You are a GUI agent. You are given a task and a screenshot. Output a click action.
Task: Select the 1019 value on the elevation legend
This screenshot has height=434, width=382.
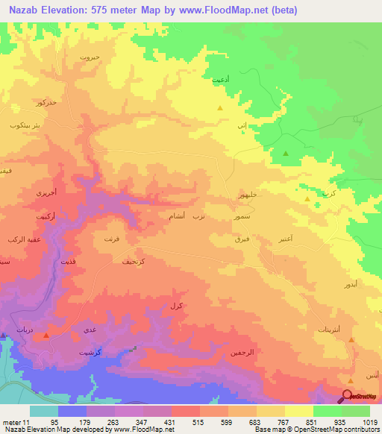[x=370, y=421]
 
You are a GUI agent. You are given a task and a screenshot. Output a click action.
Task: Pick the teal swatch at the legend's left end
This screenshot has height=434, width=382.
[x=43, y=411]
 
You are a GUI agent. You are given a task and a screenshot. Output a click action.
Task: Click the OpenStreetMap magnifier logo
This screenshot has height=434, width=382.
[x=348, y=397]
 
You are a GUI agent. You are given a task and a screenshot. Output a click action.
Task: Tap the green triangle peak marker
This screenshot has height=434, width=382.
[x=286, y=153]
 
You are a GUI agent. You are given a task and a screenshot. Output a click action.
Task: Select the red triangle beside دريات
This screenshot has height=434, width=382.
[x=46, y=336]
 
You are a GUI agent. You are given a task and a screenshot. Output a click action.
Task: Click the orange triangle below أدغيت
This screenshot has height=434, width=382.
[x=219, y=108]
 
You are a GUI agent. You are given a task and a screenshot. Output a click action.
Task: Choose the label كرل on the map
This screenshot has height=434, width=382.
[x=176, y=306]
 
